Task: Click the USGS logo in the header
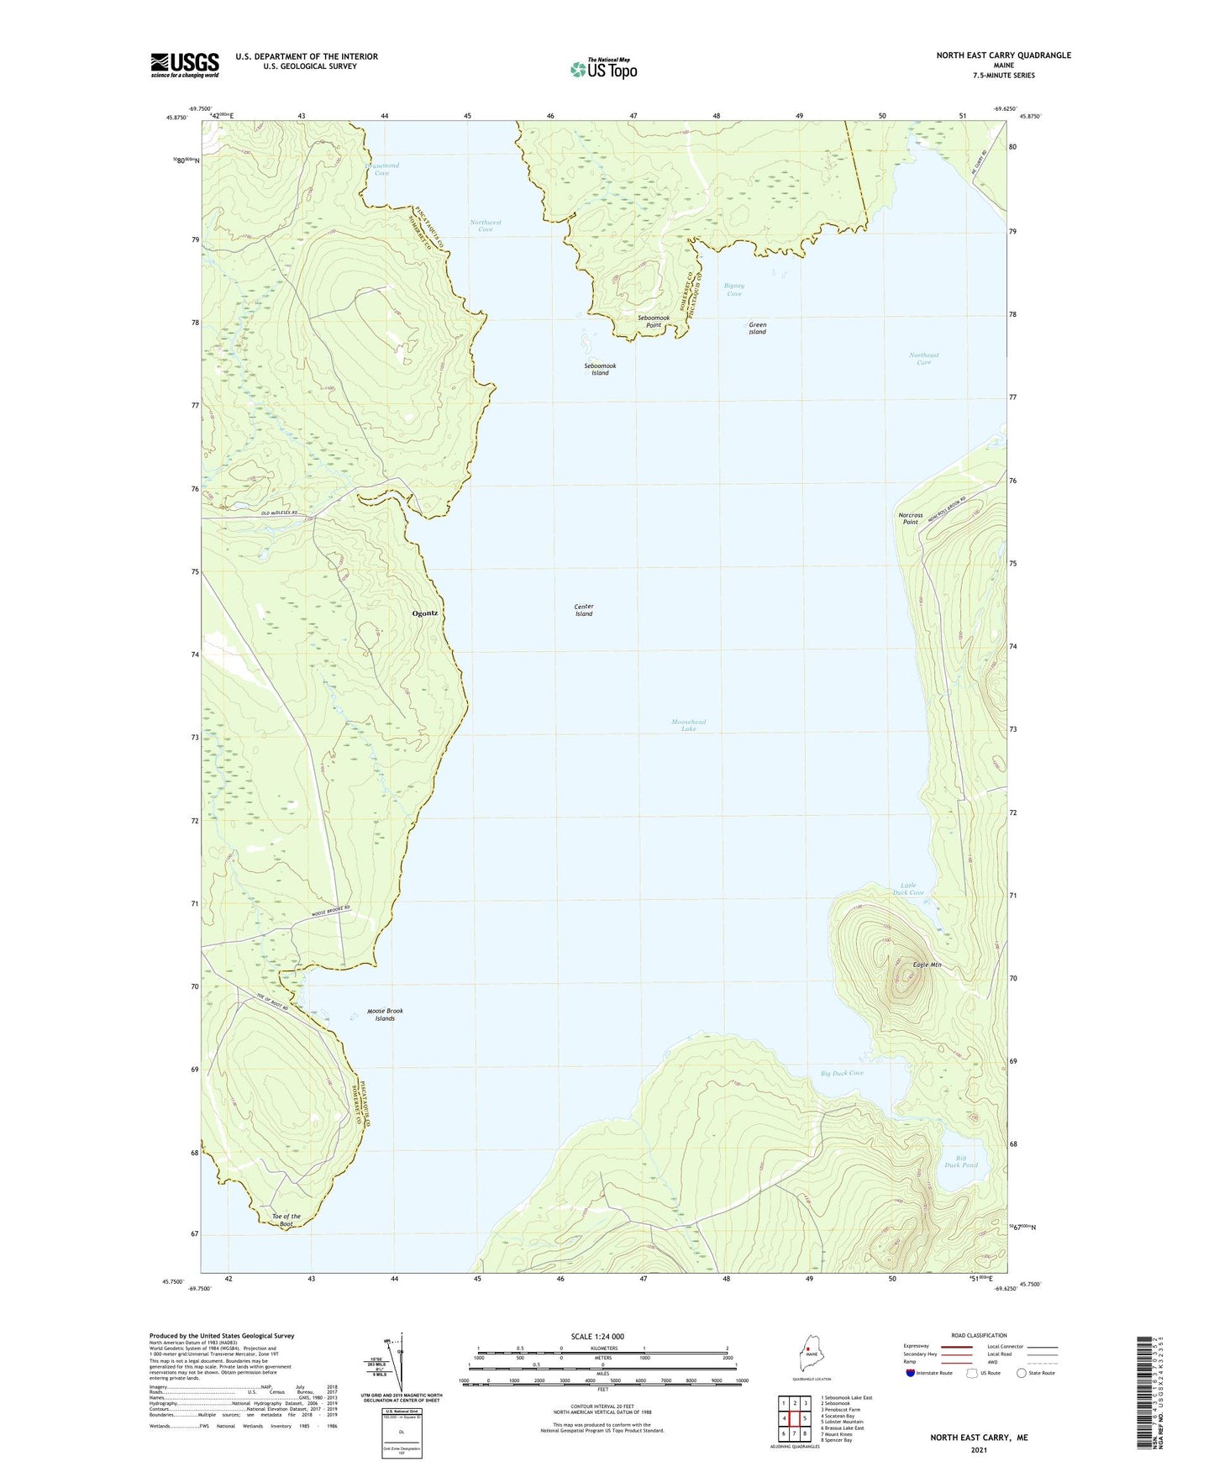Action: click(185, 65)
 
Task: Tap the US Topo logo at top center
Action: click(603, 68)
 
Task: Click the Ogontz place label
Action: click(424, 613)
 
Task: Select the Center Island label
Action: click(584, 610)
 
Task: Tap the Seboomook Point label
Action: click(654, 321)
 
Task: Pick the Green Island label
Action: click(757, 328)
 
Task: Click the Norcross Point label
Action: click(910, 518)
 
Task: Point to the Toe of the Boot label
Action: click(286, 1219)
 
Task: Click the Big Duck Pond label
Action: click(961, 1161)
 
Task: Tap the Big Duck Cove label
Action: click(842, 1073)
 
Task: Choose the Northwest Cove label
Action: click(485, 225)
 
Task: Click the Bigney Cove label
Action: click(734, 289)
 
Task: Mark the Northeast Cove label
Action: click(924, 358)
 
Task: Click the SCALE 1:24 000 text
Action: click(597, 1336)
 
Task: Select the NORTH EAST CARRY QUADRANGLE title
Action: click(1003, 55)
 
